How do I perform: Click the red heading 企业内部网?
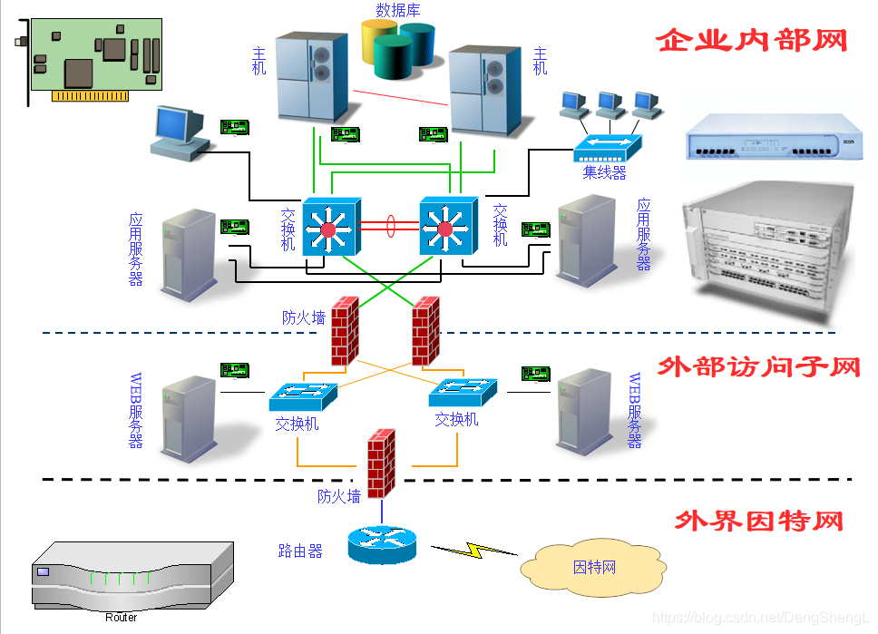coord(751,41)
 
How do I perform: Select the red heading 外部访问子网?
coord(757,367)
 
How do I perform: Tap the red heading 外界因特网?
coord(759,522)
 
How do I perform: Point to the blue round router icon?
coord(382,543)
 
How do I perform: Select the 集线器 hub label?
coord(604,172)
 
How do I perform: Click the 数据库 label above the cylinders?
coord(398,11)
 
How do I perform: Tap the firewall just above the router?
coord(381,462)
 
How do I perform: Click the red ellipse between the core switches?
coord(390,225)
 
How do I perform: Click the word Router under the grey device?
coord(121,618)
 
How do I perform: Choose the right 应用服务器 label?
coord(644,235)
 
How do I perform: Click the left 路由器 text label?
coord(300,551)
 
